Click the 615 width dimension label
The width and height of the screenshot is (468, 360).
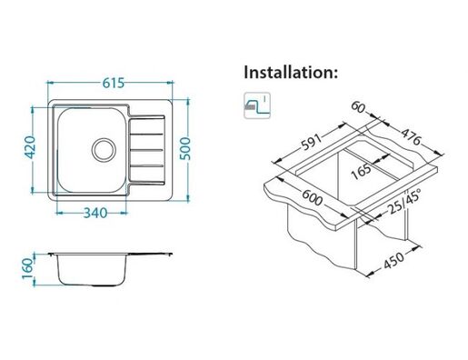pyautogui.click(x=114, y=83)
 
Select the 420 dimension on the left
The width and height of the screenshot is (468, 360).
pyautogui.click(x=30, y=147)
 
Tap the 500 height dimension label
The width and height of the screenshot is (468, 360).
pyautogui.click(x=184, y=148)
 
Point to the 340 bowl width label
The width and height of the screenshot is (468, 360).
pyautogui.click(x=95, y=213)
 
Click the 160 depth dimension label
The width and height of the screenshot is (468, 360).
pyautogui.click(x=27, y=269)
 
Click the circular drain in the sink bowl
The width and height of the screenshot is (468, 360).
pyautogui.click(x=104, y=150)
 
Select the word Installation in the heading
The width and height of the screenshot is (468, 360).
pyautogui.click(x=289, y=72)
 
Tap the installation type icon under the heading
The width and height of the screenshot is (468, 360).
pyautogui.click(x=257, y=105)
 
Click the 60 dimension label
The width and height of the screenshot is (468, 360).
pyautogui.click(x=358, y=107)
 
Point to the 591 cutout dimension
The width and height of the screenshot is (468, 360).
pyautogui.click(x=311, y=142)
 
